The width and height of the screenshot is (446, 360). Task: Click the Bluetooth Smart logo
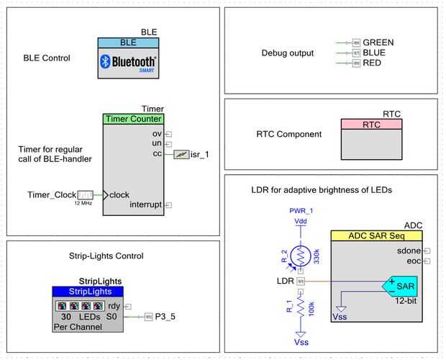tap(128, 63)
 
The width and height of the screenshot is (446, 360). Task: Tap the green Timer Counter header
tap(134, 119)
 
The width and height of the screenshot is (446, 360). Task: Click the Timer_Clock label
tap(51, 194)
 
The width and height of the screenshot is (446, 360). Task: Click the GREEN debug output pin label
tap(378, 42)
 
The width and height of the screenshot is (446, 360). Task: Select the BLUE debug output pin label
tap(374, 53)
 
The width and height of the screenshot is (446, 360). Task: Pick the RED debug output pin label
tap(372, 63)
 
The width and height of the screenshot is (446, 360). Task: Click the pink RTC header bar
tap(371, 125)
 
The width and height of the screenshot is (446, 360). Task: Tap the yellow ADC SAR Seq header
tap(376, 236)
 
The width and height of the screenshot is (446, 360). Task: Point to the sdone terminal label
tap(409, 250)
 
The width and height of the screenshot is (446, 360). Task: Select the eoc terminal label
tap(413, 260)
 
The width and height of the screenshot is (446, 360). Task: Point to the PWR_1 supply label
tap(301, 211)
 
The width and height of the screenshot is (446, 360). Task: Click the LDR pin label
tap(285, 280)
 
